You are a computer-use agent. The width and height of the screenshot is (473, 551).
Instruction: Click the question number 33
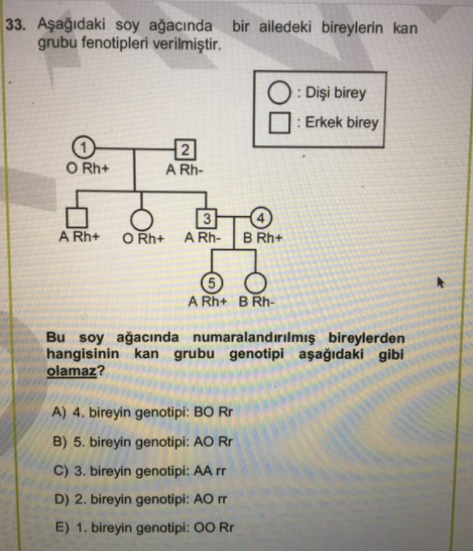click(x=16, y=25)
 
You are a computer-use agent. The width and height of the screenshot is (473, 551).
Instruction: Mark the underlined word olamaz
click(x=71, y=371)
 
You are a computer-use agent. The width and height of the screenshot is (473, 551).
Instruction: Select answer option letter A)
click(x=59, y=411)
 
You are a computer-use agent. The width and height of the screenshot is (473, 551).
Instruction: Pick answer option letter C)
click(x=61, y=471)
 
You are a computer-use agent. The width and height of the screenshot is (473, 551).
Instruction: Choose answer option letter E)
click(x=63, y=527)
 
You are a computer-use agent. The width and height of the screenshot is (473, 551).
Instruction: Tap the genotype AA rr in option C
click(x=209, y=471)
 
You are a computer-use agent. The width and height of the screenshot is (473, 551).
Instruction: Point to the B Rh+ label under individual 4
click(x=263, y=239)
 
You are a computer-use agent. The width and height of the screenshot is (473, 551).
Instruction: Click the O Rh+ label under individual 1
click(x=87, y=168)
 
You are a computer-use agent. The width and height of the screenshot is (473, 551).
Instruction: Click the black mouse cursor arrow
click(x=440, y=282)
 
